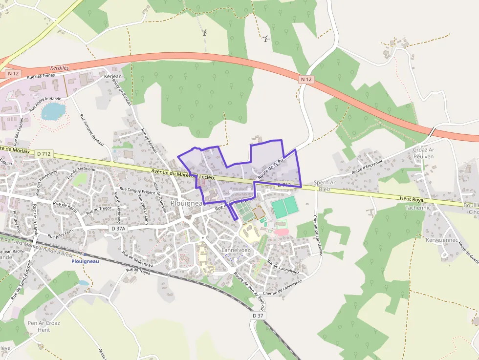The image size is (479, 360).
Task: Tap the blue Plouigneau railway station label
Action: (86, 261)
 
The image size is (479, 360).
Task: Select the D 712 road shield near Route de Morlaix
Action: (44, 153)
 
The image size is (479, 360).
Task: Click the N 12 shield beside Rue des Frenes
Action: (13, 73)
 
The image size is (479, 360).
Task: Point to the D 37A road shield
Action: (118, 228)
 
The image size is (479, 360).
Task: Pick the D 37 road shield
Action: (259, 316)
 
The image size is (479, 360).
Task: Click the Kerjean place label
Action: (112, 77)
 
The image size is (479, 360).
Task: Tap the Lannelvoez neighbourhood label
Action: (236, 250)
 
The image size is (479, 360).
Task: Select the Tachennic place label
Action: (417, 208)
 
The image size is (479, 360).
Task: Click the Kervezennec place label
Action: (441, 240)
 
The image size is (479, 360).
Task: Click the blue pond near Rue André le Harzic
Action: (53, 111)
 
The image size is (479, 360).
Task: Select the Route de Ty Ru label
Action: (271, 168)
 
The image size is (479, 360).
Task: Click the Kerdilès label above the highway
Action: (60, 69)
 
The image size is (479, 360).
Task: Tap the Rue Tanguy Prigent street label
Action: (137, 191)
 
